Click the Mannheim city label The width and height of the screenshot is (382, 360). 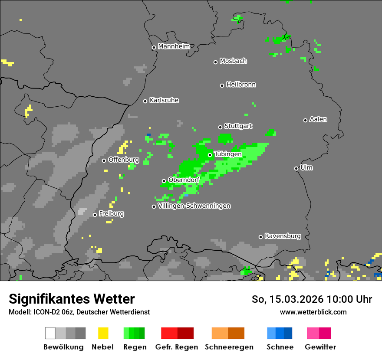pos(174,46)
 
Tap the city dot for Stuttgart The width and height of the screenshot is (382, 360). pos(220,127)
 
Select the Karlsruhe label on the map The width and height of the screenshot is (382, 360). pos(164,100)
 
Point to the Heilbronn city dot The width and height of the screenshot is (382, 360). pos(222,85)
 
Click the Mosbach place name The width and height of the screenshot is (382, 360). pos(233,61)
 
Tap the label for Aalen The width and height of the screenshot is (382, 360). pos(318,119)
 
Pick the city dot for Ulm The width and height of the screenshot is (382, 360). pos(296,168)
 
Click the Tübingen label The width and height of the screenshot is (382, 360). pos(228,154)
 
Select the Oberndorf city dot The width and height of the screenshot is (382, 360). pos(164,181)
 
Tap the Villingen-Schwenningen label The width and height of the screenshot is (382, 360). pos(194,206)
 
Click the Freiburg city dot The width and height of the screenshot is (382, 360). pos(95,215)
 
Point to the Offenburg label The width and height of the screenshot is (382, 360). pos(124,160)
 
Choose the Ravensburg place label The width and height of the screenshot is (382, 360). pos(283,236)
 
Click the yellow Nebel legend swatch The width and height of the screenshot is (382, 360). pos(103,333)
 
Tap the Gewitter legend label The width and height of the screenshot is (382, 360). pos(320,347)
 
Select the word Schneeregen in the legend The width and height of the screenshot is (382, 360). pos(229,347)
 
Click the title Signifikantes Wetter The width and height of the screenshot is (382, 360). pos(72,299)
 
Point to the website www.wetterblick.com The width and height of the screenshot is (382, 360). pos(313,312)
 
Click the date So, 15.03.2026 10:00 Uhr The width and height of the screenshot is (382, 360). pos(312,299)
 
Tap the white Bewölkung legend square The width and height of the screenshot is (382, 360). pos(50,333)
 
